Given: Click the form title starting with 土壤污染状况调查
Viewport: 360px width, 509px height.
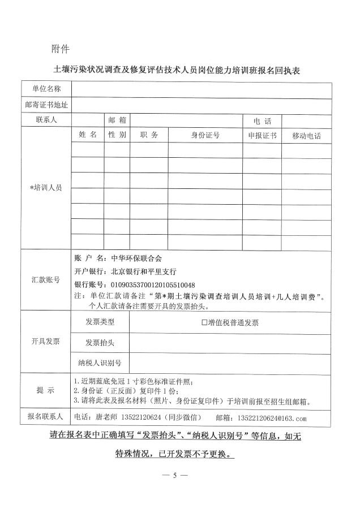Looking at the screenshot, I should point(179,71).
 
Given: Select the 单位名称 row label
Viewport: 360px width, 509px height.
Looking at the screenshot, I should point(45,89).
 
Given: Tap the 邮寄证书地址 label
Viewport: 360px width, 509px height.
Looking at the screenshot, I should point(45,105).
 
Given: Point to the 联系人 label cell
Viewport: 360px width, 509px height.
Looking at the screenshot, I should point(45,120).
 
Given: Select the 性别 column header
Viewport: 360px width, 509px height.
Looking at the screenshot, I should point(117,135).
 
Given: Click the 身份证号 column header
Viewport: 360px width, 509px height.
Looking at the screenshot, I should point(205,136).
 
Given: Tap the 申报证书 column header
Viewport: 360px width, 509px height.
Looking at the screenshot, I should point(262,136).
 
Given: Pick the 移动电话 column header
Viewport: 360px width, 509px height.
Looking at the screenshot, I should point(306,136).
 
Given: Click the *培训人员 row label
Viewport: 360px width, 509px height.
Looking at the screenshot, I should point(45,188).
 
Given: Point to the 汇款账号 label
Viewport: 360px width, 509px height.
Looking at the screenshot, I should point(45,279).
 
